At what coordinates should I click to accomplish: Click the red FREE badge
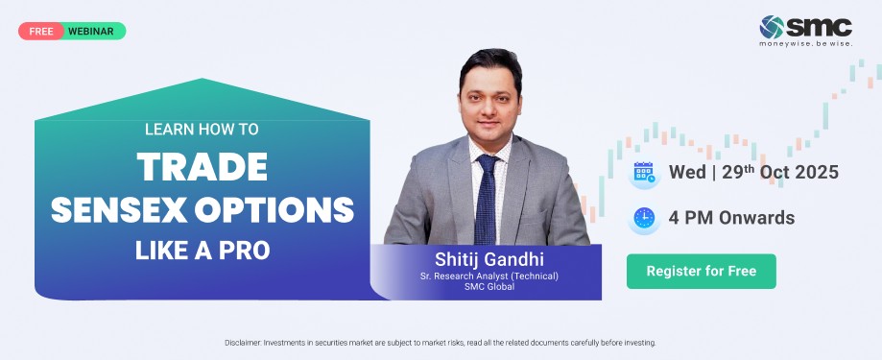click(x=41, y=31)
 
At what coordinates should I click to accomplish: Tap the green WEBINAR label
click(x=91, y=32)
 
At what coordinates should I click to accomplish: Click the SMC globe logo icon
click(x=772, y=27)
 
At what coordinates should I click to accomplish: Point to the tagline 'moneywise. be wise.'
click(x=805, y=43)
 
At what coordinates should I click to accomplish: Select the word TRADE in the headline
click(x=202, y=167)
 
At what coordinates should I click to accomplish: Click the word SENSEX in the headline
click(x=119, y=210)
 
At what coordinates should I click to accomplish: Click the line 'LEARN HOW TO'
click(x=202, y=130)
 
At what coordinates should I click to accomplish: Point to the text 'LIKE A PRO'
click(x=203, y=251)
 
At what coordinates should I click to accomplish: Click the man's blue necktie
click(x=486, y=199)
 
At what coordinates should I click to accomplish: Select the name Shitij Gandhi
click(x=489, y=259)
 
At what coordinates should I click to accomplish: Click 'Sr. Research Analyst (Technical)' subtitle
click(x=489, y=276)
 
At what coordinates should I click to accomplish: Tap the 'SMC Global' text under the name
click(x=489, y=286)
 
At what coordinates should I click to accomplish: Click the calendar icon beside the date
click(x=644, y=172)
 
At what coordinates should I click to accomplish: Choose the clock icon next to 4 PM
click(x=644, y=218)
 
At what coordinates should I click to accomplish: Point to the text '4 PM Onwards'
click(x=732, y=218)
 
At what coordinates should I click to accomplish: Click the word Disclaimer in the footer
click(x=243, y=343)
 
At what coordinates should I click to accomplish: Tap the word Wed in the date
click(x=687, y=172)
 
